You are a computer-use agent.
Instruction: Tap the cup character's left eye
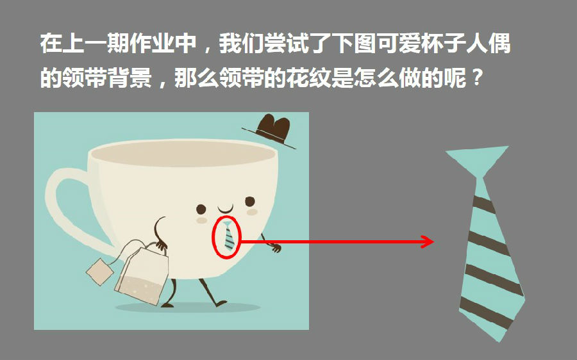click(201, 209)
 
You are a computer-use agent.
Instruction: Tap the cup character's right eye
click(250, 202)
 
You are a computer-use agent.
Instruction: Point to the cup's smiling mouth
click(225, 209)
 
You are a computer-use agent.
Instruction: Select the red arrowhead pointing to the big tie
click(428, 241)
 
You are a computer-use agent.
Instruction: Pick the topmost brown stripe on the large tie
click(483, 204)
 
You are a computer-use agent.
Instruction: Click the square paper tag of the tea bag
click(100, 272)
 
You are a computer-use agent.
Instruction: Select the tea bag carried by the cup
click(142, 274)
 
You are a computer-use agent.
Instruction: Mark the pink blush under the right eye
click(252, 212)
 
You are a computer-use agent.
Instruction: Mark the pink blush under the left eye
click(202, 220)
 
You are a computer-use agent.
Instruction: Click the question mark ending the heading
click(477, 78)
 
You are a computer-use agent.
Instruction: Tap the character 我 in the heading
click(230, 44)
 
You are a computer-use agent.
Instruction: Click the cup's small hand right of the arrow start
click(276, 248)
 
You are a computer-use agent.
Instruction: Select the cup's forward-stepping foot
click(221, 304)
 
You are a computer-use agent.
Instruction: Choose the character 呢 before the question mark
click(455, 78)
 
